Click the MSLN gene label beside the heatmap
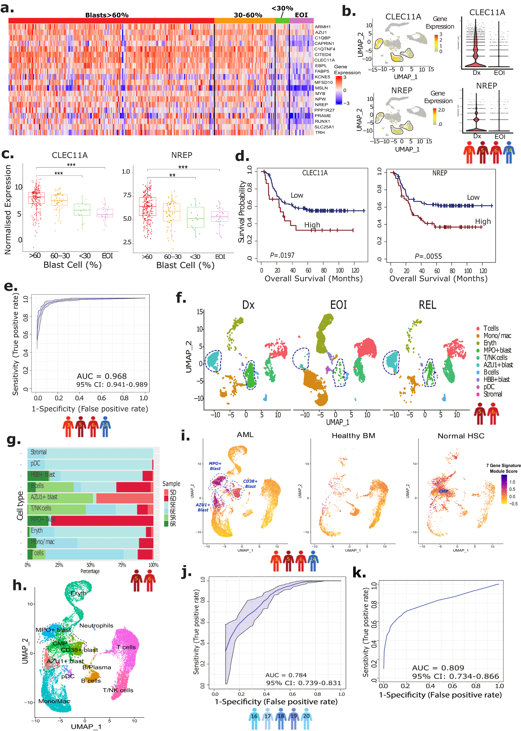(x=321, y=88)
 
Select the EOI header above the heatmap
(x=301, y=15)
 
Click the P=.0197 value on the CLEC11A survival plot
(x=282, y=255)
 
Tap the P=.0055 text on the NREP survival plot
(x=428, y=256)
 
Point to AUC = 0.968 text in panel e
(x=101, y=376)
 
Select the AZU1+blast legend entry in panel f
(x=498, y=365)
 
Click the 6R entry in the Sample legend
(x=173, y=524)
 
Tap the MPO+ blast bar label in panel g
(x=43, y=519)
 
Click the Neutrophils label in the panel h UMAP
(x=96, y=625)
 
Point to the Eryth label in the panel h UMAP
(x=79, y=593)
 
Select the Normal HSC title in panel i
(x=461, y=436)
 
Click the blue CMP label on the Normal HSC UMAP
(x=443, y=491)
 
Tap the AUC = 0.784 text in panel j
(x=286, y=675)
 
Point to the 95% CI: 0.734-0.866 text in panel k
(x=455, y=676)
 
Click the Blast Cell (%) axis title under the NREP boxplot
(x=185, y=265)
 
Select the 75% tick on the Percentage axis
(x=122, y=565)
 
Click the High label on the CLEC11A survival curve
(x=312, y=225)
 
